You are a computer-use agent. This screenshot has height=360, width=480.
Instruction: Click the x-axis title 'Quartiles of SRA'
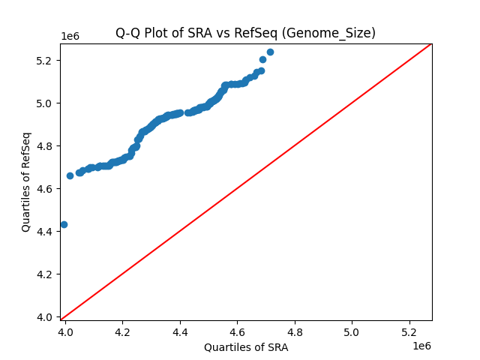(246, 347)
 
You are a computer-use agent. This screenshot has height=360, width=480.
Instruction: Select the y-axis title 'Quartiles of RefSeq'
(26, 181)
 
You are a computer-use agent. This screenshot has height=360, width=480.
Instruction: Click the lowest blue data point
(64, 224)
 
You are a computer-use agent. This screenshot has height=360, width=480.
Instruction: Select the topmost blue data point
(270, 52)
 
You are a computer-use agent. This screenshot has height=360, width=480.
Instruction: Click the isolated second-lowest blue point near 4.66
(70, 175)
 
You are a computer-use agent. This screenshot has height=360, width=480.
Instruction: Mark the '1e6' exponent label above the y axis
(71, 37)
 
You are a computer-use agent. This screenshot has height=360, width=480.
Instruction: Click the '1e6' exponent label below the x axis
(421, 345)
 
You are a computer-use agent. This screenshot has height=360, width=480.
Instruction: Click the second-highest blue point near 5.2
(262, 59)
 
